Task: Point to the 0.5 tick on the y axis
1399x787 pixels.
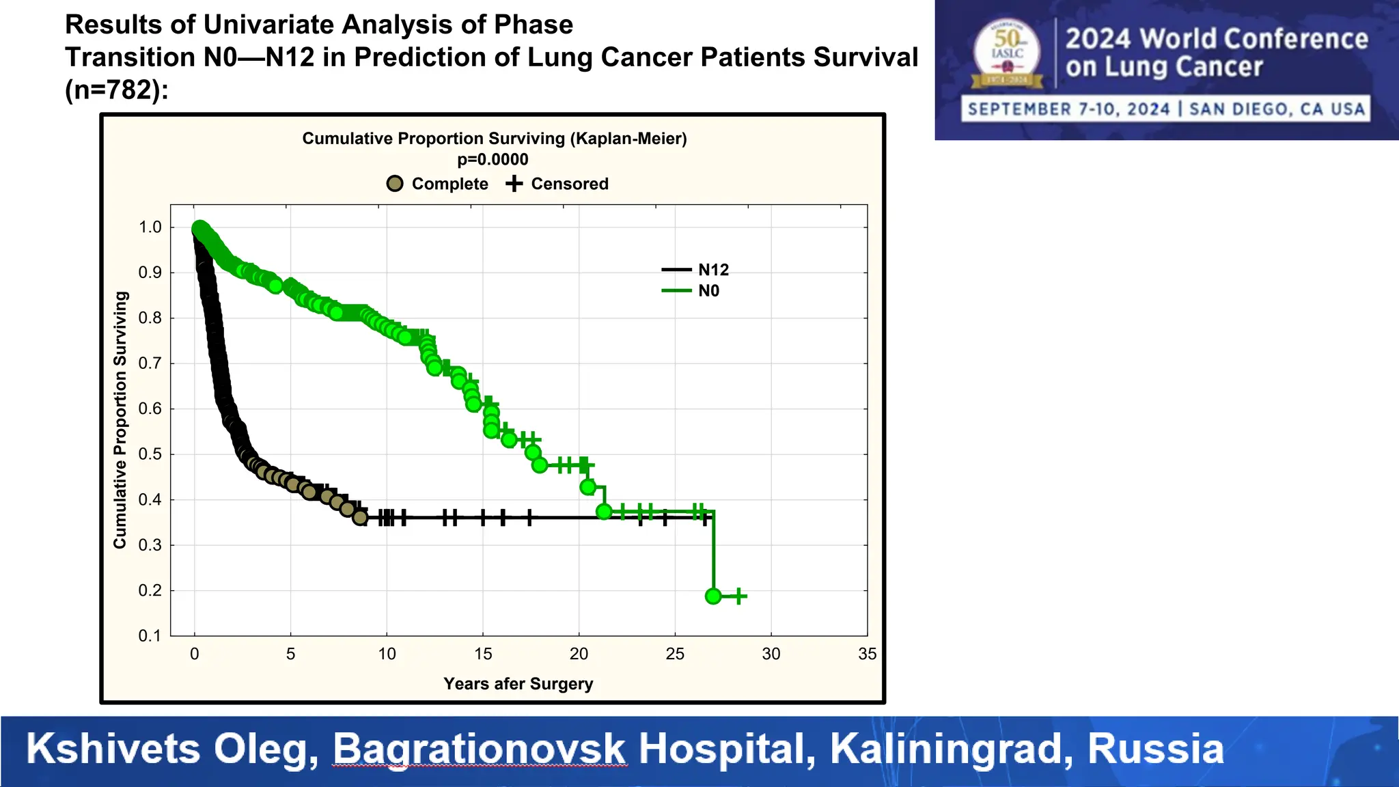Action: click(150, 454)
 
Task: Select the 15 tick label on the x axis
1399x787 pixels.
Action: click(483, 654)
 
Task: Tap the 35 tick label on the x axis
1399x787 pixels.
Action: click(866, 654)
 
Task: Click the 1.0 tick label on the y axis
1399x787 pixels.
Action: click(150, 227)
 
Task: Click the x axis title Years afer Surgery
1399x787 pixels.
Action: click(518, 684)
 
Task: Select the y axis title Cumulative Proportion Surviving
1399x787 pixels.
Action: click(120, 419)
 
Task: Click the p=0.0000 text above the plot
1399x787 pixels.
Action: click(493, 159)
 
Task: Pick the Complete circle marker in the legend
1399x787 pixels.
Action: click(395, 184)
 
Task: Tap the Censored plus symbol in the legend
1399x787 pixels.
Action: click(514, 184)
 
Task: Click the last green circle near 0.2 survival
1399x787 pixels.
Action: click(713, 596)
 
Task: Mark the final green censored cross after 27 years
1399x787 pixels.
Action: click(738, 596)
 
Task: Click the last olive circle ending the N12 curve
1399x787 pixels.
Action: click(360, 518)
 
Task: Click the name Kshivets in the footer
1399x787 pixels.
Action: click(113, 749)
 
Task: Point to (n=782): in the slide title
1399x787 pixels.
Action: click(116, 89)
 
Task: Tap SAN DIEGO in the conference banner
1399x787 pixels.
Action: click(1240, 109)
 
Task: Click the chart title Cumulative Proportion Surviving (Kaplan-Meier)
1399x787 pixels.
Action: click(495, 139)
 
